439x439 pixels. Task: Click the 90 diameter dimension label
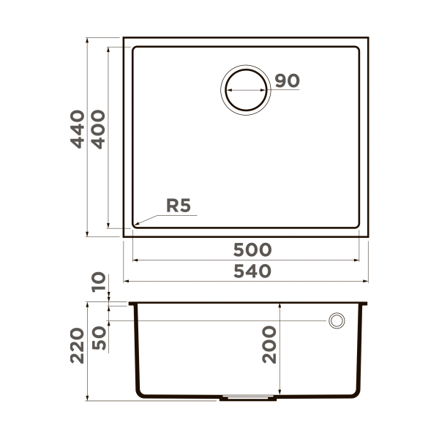[x=288, y=81]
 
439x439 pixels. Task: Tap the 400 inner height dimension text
[x=97, y=129]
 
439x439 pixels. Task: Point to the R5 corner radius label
[x=179, y=206]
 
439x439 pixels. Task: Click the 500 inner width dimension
[x=252, y=249]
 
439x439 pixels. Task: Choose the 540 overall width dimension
[x=252, y=271]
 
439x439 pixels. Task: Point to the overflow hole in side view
[x=337, y=320]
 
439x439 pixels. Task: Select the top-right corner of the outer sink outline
[x=368, y=37]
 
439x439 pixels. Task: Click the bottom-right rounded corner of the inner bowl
[x=358, y=224]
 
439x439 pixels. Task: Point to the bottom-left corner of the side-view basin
[x=139, y=395]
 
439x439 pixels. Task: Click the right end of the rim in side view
[x=367, y=304]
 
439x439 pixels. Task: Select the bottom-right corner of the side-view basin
[x=356, y=395]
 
